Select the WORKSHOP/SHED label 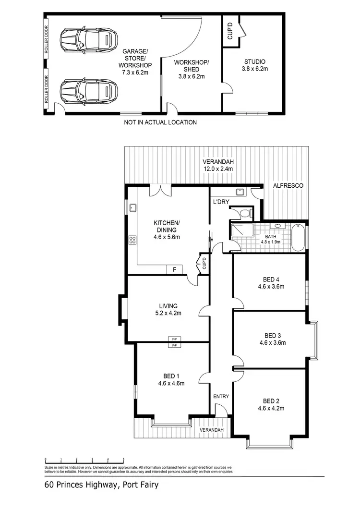click(x=191, y=69)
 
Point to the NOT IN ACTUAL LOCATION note click(x=160, y=122)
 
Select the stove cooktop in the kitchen click(x=133, y=241)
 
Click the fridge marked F click(x=174, y=270)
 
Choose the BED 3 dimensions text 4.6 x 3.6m click(x=272, y=343)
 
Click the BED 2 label click(x=271, y=401)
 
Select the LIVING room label click(x=168, y=306)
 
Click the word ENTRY click(x=221, y=396)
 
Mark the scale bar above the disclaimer click(x=84, y=460)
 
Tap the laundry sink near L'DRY click(x=241, y=193)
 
